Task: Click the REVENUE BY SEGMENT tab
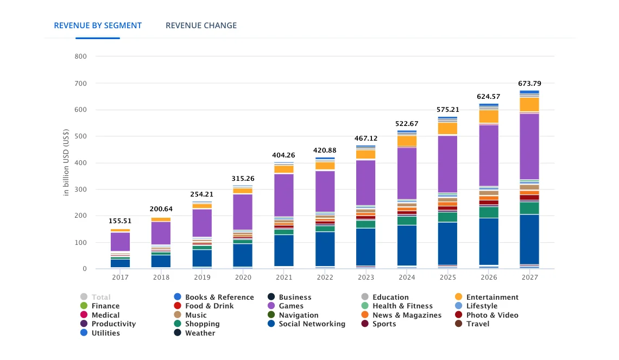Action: (x=98, y=26)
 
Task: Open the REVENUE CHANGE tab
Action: (x=201, y=26)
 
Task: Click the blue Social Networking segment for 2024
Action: (x=407, y=244)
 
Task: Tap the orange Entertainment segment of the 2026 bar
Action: (x=489, y=117)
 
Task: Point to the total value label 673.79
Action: (x=529, y=84)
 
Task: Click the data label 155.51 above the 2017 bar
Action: (x=120, y=221)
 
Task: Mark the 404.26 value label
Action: (x=283, y=155)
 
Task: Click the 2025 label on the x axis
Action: (x=447, y=277)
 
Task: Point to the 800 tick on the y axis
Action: (x=80, y=56)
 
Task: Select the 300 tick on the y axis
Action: (x=80, y=190)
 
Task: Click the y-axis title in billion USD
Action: (x=66, y=162)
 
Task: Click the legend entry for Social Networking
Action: (x=312, y=324)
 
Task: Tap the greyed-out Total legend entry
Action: (x=100, y=298)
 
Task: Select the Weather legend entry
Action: (x=200, y=333)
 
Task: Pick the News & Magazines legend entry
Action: (x=407, y=315)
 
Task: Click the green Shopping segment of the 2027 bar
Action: (x=529, y=208)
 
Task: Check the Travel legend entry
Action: (x=477, y=324)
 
